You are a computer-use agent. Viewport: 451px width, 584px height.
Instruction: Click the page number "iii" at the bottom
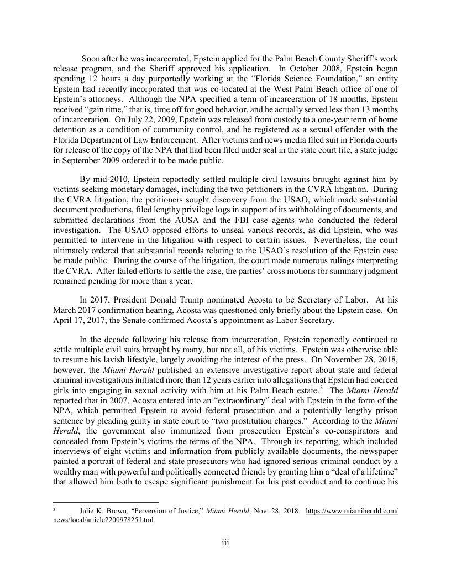[225, 543]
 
